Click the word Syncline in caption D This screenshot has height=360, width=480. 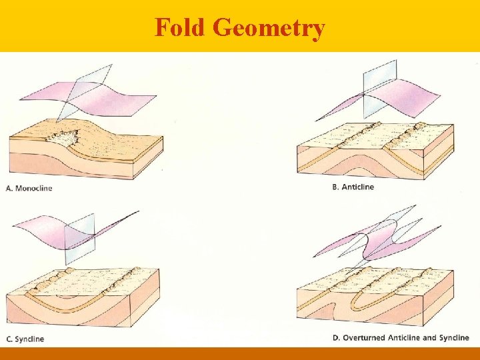click(x=455, y=338)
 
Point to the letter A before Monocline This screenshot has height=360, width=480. click(x=9, y=188)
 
